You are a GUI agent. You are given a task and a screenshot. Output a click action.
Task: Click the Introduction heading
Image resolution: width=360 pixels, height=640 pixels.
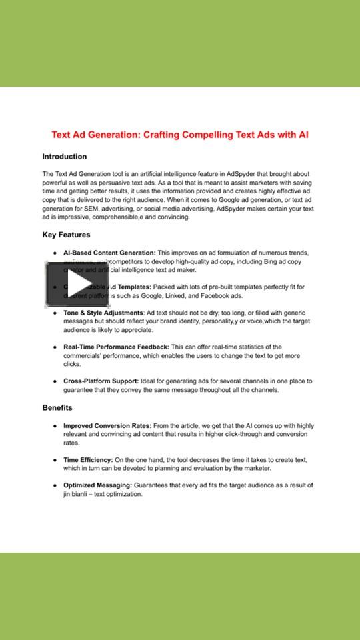point(65,157)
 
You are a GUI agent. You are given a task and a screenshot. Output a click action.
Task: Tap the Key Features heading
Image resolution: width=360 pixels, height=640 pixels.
point(66,235)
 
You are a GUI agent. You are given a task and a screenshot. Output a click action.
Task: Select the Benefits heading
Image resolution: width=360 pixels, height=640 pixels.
point(57,407)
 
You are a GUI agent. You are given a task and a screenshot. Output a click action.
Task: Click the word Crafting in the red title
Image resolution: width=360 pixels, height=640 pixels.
point(166,135)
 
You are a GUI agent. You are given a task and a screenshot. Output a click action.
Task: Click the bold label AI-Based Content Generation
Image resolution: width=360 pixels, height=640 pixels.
point(109,253)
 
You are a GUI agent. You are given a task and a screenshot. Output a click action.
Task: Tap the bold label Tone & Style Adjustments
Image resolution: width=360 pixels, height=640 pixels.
point(103,313)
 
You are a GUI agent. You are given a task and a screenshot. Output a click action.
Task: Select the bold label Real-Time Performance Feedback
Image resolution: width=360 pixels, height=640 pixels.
point(116,347)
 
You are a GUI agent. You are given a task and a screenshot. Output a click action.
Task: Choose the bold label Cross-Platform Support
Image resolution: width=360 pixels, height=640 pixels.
point(101,381)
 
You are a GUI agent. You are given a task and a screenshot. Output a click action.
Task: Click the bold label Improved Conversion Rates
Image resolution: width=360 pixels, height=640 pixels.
point(107,425)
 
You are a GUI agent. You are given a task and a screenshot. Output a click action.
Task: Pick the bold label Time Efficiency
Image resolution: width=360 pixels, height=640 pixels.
point(88,460)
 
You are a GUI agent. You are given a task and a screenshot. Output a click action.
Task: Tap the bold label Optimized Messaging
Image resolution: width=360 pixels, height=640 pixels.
point(97,485)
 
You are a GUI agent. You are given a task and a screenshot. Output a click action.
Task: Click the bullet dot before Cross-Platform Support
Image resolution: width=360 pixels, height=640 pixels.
point(55,381)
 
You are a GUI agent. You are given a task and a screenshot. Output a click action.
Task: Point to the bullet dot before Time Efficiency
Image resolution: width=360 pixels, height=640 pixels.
point(55,460)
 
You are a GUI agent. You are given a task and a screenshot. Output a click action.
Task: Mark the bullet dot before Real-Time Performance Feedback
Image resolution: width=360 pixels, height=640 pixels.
point(55,347)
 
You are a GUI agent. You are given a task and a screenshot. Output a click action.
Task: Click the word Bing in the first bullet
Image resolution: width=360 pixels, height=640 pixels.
point(275,262)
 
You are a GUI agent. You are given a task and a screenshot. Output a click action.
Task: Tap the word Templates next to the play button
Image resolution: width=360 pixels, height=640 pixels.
point(135,287)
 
